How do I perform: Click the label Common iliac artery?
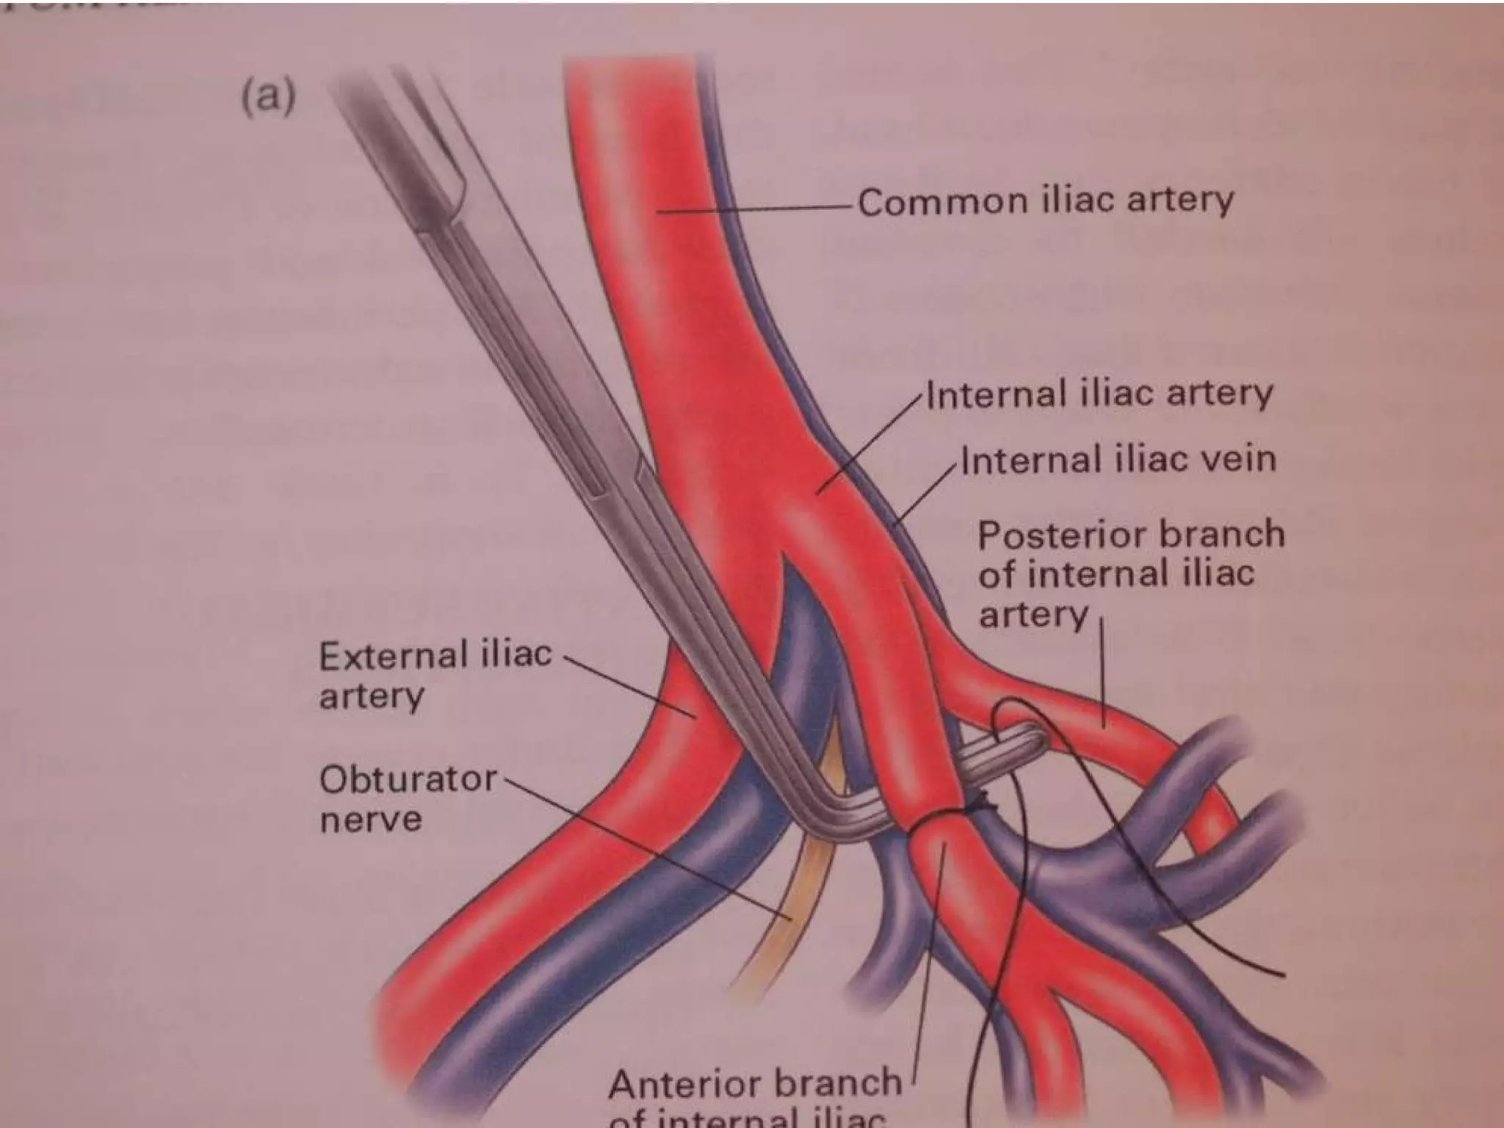1046,201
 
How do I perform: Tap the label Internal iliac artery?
1099,394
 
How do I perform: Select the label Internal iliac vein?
1118,460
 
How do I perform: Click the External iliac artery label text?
435,674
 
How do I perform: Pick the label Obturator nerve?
408,798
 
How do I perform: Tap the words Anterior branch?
754,1083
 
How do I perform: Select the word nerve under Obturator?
371,820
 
